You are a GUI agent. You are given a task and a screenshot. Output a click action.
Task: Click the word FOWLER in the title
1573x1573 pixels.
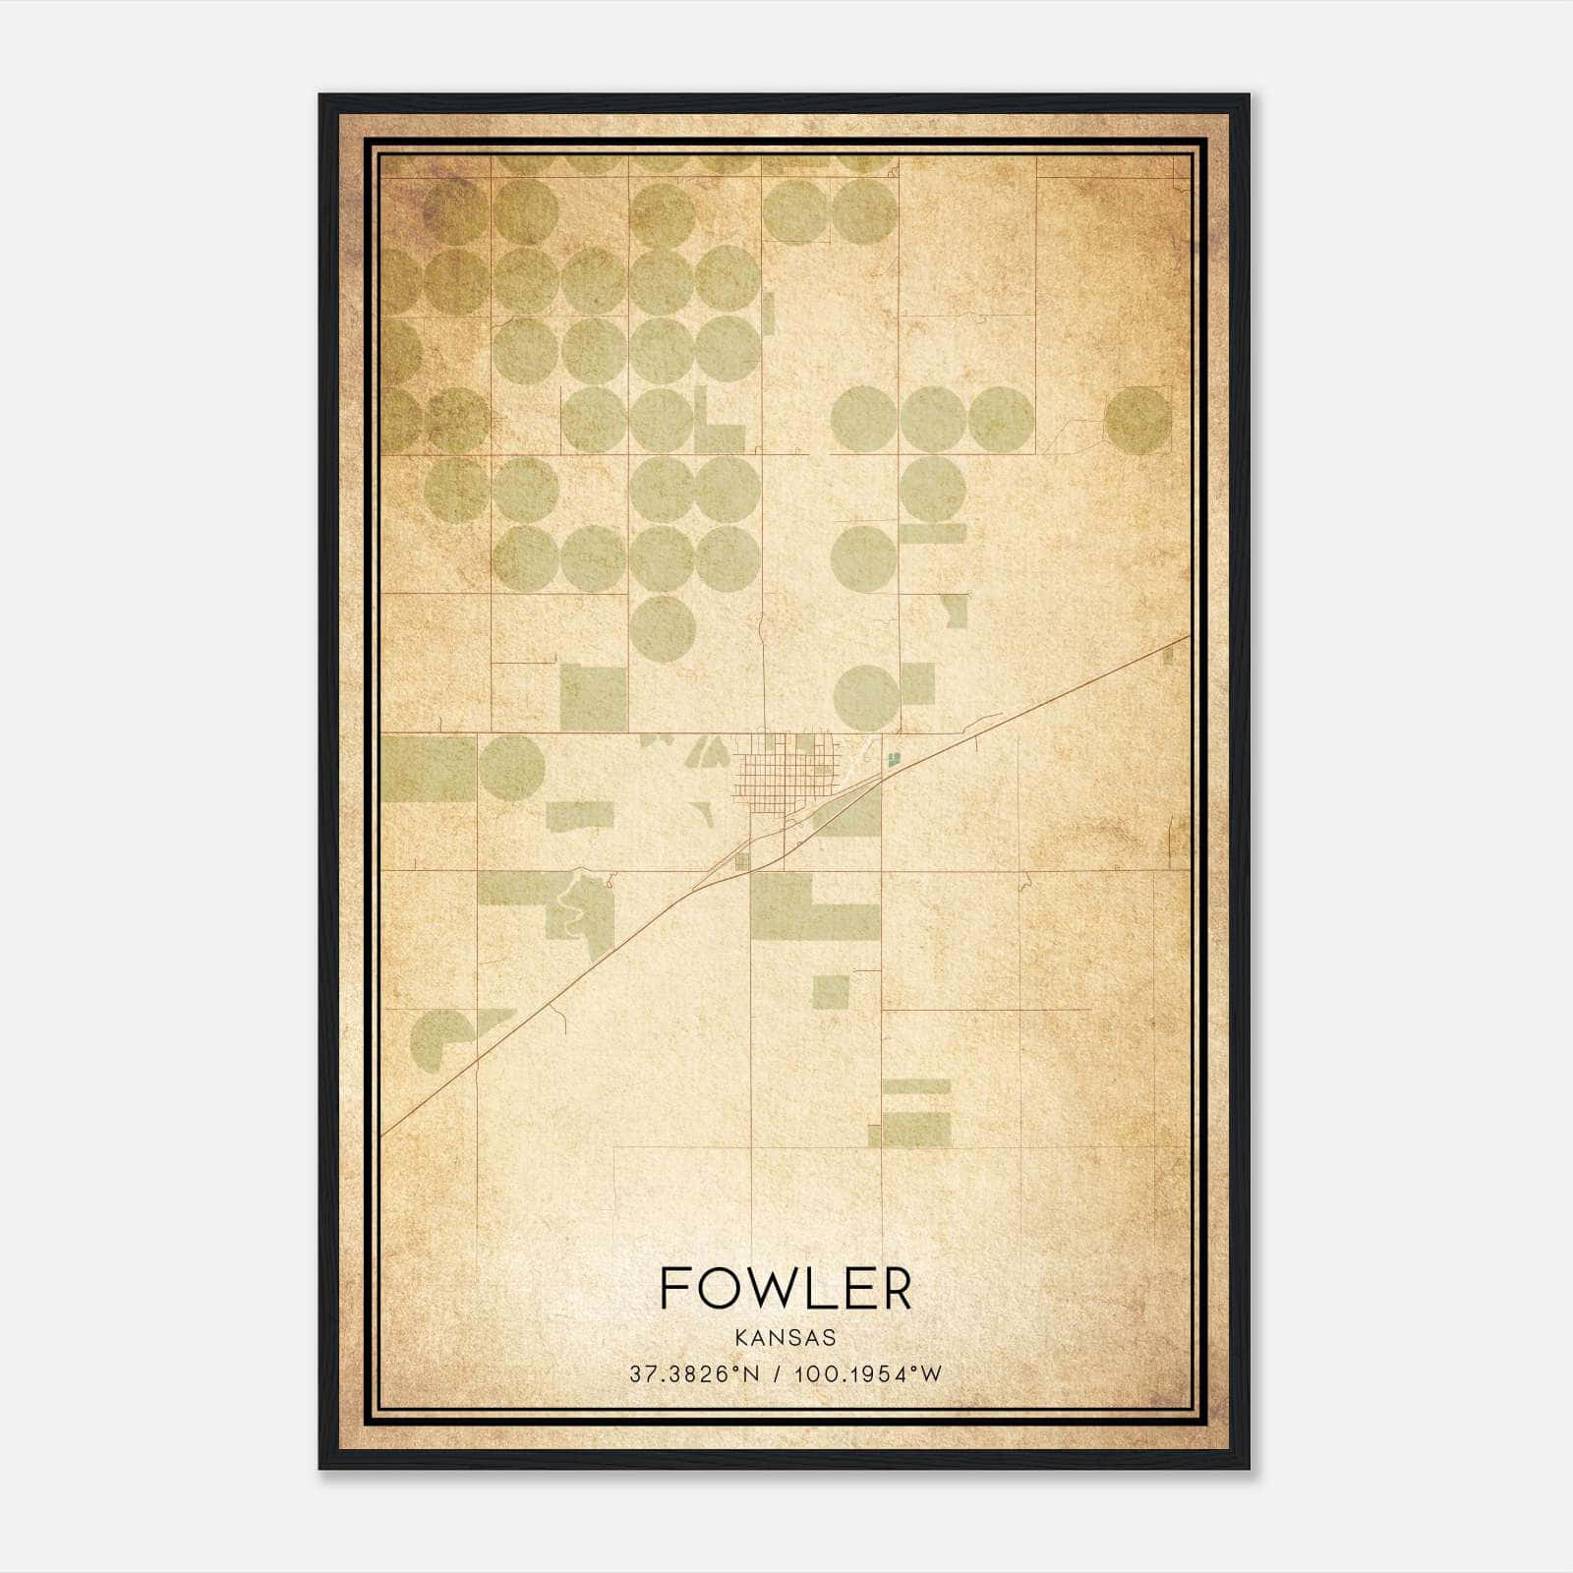coord(786,1288)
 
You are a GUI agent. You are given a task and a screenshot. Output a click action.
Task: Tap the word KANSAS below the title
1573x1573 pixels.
coord(786,1338)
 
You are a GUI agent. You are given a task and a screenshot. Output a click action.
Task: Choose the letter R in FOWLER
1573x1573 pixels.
coord(895,1288)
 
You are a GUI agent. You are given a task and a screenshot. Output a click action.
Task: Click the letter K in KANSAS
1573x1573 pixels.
coord(739,1338)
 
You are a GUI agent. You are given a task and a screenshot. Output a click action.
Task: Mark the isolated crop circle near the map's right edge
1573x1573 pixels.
coord(1137,420)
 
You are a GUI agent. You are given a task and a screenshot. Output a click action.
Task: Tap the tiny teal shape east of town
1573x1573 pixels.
coord(894,758)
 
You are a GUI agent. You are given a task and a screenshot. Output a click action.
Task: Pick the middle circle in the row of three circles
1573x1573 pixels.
coord(932,420)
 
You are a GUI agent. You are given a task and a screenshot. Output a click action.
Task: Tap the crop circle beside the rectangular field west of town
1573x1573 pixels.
coord(511,768)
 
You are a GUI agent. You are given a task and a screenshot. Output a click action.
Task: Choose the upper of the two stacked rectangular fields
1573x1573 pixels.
coord(917,1086)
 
